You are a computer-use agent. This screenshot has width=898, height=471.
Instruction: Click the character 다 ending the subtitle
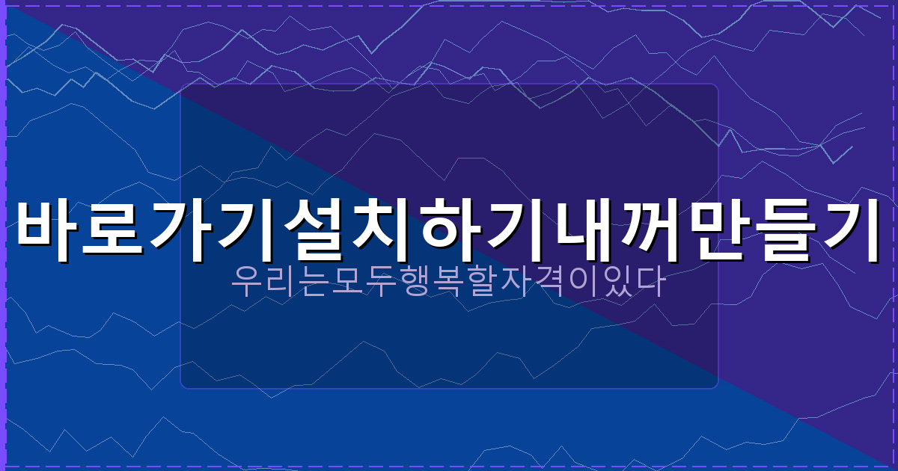[x=652, y=283]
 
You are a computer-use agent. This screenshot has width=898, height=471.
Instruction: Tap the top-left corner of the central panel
[x=181, y=84]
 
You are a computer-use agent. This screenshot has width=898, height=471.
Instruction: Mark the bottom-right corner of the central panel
[x=718, y=388]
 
